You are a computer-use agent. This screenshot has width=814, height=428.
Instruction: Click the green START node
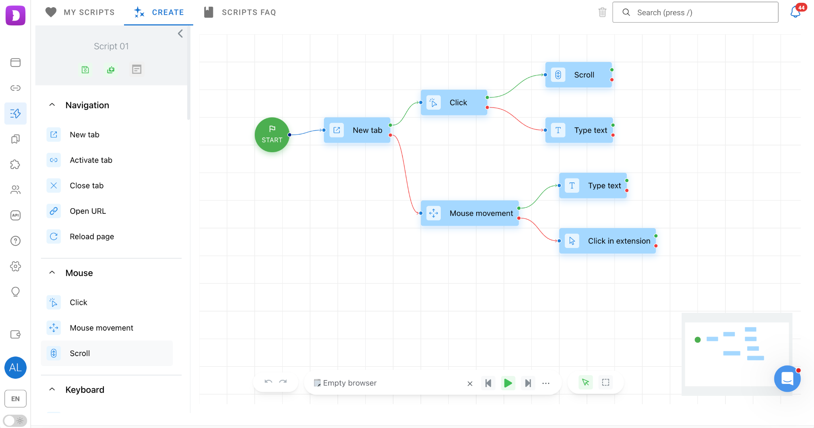(272, 135)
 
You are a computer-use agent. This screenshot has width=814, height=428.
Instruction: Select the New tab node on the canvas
(357, 130)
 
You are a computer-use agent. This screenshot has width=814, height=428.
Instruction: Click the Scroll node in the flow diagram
(578, 75)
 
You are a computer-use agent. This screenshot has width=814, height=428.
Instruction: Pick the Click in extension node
(607, 241)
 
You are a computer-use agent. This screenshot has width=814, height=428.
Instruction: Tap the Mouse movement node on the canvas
(470, 213)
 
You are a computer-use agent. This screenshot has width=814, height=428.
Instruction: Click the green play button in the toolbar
(508, 383)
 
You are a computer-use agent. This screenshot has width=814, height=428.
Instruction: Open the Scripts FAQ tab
(240, 12)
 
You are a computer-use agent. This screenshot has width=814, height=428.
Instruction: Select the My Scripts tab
(80, 12)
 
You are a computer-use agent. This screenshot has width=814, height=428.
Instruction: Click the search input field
(695, 12)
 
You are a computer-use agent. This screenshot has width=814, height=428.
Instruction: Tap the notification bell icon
(795, 12)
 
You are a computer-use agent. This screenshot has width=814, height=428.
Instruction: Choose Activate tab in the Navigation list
(91, 160)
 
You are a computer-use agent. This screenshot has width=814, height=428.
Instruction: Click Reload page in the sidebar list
(92, 236)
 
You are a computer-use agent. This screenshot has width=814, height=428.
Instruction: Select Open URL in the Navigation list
(88, 211)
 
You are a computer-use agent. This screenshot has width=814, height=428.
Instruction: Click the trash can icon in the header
(602, 12)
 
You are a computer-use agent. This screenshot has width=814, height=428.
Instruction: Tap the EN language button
(16, 399)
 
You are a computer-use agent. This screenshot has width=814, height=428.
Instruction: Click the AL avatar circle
(16, 368)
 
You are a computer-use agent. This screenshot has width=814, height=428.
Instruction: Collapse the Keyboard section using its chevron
(52, 389)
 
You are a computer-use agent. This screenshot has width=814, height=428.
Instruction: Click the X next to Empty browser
(470, 383)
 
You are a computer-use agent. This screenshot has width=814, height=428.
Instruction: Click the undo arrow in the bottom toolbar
(268, 382)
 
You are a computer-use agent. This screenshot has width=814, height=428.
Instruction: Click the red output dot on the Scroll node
(612, 80)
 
